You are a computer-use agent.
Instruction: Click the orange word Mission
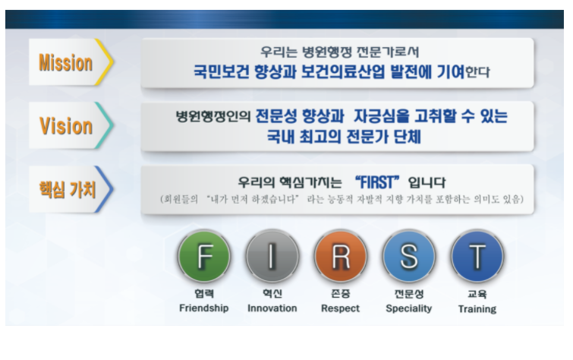pos(66,62)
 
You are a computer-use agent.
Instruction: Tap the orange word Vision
pos(66,126)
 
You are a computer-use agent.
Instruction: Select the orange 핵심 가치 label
pos(68,190)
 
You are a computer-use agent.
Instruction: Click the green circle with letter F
pos(204,256)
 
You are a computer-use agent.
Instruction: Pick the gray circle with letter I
pos(272,256)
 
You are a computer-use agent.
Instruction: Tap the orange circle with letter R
pos(341,256)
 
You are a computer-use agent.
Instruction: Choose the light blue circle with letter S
pos(409,256)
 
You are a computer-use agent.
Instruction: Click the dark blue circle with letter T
pos(477,256)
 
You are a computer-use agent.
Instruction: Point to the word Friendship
pos(204,308)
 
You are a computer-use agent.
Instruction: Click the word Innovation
pos(272,308)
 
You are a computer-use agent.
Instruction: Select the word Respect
pos(340,309)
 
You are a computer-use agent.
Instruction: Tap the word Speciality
pos(409,309)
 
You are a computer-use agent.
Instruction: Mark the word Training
pos(477,309)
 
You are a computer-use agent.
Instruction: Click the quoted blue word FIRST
pos(376,182)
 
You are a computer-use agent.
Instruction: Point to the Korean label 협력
pos(204,293)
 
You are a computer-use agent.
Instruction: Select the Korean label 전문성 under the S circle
pos(409,294)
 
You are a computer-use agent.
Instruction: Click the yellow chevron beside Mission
pos(105,62)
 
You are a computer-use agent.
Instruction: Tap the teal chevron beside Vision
pos(105,125)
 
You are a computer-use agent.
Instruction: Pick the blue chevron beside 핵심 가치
pos(105,189)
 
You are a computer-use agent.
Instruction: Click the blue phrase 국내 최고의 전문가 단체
pos(344,137)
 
